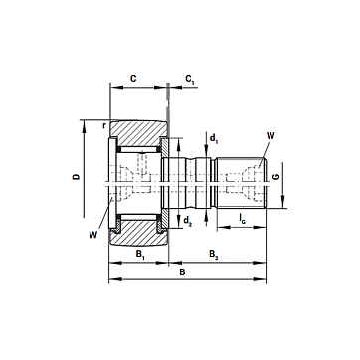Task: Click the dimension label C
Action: [133, 79]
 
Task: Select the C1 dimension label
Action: [189, 80]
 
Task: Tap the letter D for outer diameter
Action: [77, 177]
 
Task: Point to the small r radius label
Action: [104, 125]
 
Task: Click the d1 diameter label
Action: [214, 137]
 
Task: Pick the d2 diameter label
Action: [188, 220]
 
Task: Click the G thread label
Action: [276, 176]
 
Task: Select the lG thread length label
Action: [243, 219]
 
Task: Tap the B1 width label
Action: [140, 255]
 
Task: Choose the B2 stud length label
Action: [214, 255]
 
